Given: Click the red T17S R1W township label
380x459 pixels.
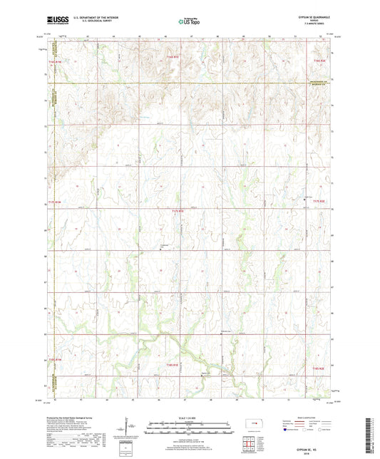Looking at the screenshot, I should pos(56,204).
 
